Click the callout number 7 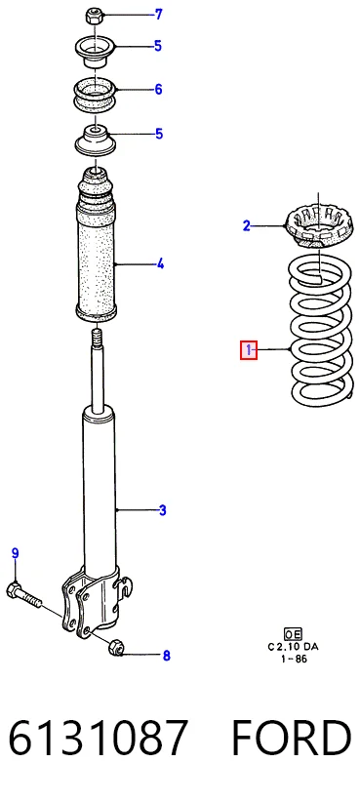point(158,15)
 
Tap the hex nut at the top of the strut point(93,16)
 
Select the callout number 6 point(158,90)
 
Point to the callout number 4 point(160,264)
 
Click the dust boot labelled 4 point(96,247)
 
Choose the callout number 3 point(162,510)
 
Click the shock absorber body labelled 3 point(99,491)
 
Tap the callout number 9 point(16,553)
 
